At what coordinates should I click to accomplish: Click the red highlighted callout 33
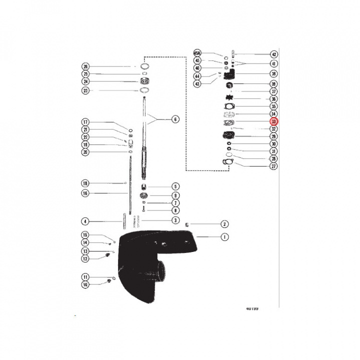coord(273,121)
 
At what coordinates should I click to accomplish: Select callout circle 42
coord(273,54)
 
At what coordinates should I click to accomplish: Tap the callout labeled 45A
coord(197,53)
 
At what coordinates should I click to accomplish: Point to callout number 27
coord(273,166)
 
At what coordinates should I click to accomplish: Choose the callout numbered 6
coord(175,119)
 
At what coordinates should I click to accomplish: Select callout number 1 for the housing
coord(224,237)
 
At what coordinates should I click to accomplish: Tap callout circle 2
coord(224,224)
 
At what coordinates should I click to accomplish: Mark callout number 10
coord(85,285)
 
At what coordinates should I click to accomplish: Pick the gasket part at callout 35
coord(229,106)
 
